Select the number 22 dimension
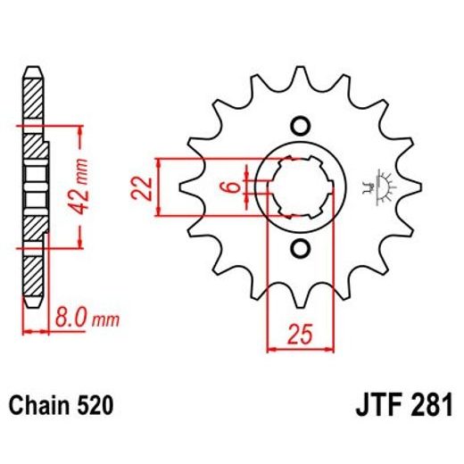click(x=140, y=187)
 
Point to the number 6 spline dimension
click(x=229, y=187)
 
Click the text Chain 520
click(x=62, y=406)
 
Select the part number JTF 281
click(x=402, y=406)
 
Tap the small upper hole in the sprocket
click(x=300, y=125)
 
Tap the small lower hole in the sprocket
click(x=300, y=247)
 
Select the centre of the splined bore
click(x=300, y=186)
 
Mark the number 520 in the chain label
click(x=94, y=406)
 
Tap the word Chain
click(x=41, y=406)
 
